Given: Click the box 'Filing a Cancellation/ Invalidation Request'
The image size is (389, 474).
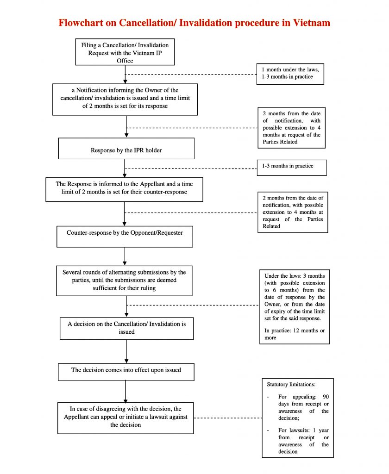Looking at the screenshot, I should (x=125, y=52).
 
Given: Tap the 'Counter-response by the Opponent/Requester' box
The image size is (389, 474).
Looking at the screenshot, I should (x=125, y=236).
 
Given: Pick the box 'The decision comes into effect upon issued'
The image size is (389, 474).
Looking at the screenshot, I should (x=126, y=371).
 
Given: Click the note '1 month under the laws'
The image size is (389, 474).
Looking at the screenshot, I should (x=290, y=73).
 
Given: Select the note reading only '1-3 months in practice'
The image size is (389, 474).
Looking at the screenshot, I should (x=291, y=167).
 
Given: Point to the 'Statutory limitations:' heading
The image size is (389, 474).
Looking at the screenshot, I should (x=290, y=384).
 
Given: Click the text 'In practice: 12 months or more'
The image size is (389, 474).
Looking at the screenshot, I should (x=294, y=334).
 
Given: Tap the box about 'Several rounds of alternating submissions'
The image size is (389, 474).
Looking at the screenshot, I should (x=124, y=281).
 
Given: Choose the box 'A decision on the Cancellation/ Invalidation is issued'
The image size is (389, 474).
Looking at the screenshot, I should (x=126, y=328).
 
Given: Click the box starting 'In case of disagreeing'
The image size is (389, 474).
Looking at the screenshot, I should (x=125, y=418).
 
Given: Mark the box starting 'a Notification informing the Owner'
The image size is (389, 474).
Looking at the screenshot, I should (x=125, y=99).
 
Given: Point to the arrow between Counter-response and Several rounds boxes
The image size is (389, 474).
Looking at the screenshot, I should (x=125, y=256).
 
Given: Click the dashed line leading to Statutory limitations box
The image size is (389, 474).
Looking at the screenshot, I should (x=227, y=418).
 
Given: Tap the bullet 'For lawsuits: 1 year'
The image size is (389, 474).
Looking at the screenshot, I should (x=303, y=441).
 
